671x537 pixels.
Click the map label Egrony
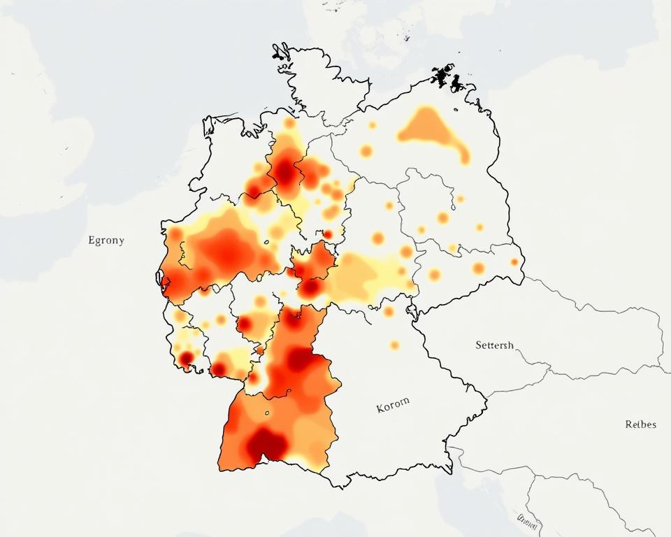[x=106, y=241]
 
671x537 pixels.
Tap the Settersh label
[x=494, y=345]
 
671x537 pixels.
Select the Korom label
[x=394, y=406]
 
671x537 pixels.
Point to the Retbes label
[x=640, y=424]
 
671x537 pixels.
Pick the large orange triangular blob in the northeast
[x=425, y=127]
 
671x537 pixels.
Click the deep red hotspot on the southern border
[x=267, y=443]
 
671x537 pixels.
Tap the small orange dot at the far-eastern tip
[x=514, y=262]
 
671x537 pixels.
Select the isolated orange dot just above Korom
[x=394, y=345]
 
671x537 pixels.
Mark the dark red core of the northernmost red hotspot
[x=284, y=171]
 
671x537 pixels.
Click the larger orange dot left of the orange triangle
[x=366, y=150]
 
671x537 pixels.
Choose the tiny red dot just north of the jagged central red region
[x=327, y=234]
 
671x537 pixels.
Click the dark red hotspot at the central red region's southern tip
[x=312, y=287]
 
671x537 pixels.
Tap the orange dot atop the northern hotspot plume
[x=289, y=123]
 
